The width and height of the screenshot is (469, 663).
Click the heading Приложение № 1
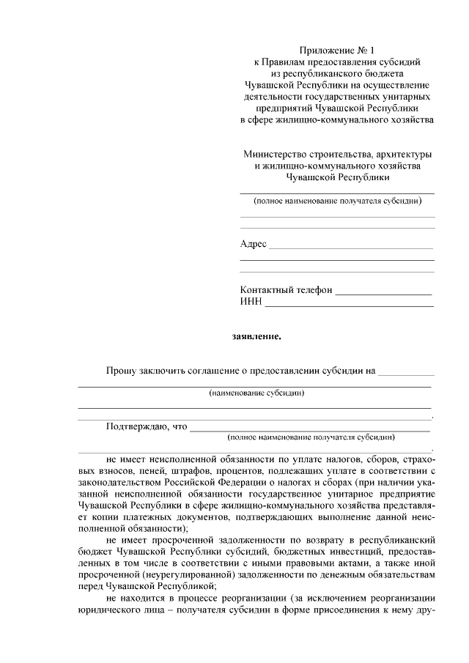tap(337, 51)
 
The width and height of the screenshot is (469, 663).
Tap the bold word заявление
tap(256, 338)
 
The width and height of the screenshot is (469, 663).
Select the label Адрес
tap(254, 244)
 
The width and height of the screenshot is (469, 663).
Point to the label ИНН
tap(251, 301)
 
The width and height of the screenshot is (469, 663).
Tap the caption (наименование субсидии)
tap(256, 393)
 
